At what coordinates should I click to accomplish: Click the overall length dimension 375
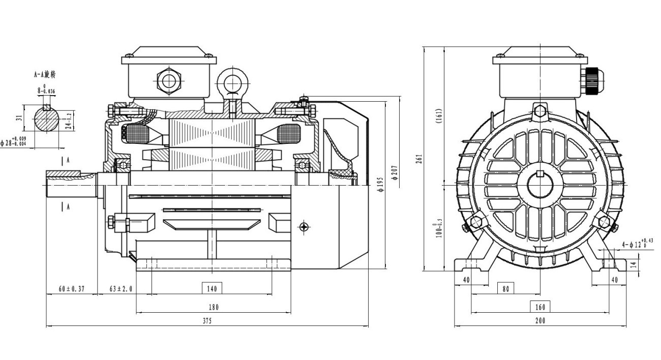pyautogui.click(x=207, y=321)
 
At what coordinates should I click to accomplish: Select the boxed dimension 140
pyautogui.click(x=212, y=288)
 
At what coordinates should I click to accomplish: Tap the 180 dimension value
pyautogui.click(x=214, y=307)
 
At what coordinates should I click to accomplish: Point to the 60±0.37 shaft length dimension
pyautogui.click(x=71, y=289)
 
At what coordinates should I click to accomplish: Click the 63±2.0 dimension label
pyautogui.click(x=121, y=289)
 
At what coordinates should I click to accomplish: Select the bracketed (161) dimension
pyautogui.click(x=439, y=116)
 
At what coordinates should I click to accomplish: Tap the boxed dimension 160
pyautogui.click(x=540, y=307)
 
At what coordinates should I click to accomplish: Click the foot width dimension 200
pyautogui.click(x=540, y=321)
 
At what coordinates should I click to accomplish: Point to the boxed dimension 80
pyautogui.click(x=505, y=288)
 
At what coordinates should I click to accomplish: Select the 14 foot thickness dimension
pyautogui.click(x=633, y=264)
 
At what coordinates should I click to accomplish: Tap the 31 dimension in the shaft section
pyautogui.click(x=19, y=117)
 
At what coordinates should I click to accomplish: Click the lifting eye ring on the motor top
pyautogui.click(x=232, y=81)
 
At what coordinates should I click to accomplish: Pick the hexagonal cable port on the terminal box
pyautogui.click(x=168, y=80)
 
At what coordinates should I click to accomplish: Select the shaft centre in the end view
pyautogui.click(x=540, y=185)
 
